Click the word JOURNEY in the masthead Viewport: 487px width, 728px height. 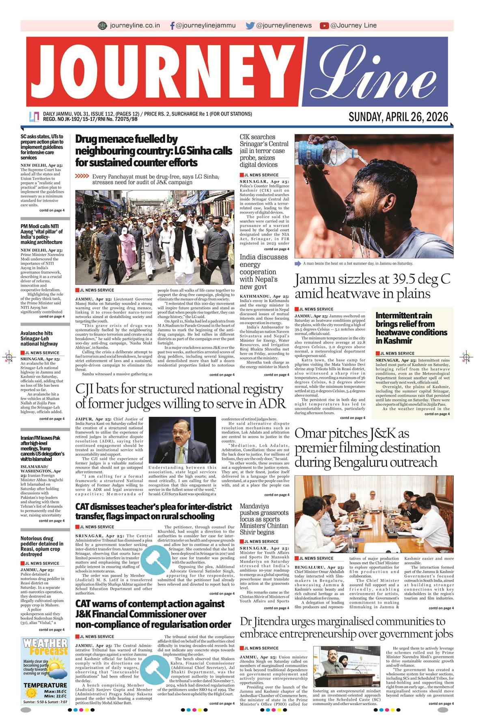[164, 72]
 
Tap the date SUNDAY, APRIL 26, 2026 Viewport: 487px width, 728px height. [398, 117]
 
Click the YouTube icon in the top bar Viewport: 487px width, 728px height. [324, 26]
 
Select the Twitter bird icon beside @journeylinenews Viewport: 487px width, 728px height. [250, 26]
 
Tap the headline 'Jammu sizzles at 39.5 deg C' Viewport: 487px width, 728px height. [372, 286]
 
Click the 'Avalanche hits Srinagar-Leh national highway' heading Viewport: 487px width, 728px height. [39, 338]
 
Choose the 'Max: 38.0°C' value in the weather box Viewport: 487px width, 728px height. [55, 691]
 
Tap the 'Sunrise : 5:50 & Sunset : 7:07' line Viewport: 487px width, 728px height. [45, 702]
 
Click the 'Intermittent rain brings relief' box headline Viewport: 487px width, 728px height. [411, 328]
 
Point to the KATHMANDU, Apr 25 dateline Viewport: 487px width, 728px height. [264, 297]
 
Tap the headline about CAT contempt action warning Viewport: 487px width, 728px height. [153, 614]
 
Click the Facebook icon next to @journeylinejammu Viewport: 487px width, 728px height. [172, 26]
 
